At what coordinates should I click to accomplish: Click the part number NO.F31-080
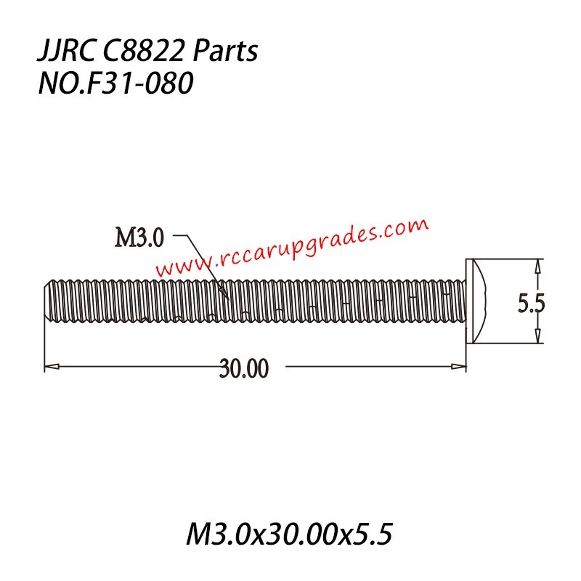pos(115,84)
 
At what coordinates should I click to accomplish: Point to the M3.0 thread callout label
pos(141,237)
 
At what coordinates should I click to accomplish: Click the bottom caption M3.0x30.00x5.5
pos(290,535)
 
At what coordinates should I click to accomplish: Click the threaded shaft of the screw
pos(254,301)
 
